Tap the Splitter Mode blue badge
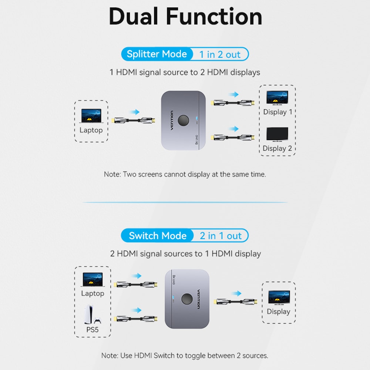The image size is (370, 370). (157, 54)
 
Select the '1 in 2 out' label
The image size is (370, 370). (220, 55)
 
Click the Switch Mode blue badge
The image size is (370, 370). (158, 236)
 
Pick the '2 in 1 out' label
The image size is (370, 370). (221, 236)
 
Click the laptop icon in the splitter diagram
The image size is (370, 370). (91, 115)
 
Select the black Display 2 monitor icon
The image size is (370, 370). (277, 135)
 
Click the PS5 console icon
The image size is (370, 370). (92, 314)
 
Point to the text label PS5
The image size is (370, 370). (92, 329)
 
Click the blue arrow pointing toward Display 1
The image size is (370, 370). (233, 95)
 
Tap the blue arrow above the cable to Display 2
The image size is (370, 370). (233, 129)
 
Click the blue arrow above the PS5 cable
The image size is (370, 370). (137, 310)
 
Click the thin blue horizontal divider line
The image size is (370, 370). (185, 202)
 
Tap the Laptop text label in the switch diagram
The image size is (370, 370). (92, 293)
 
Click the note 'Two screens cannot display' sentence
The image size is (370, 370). (185, 174)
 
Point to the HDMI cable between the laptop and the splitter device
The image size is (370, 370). (134, 121)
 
